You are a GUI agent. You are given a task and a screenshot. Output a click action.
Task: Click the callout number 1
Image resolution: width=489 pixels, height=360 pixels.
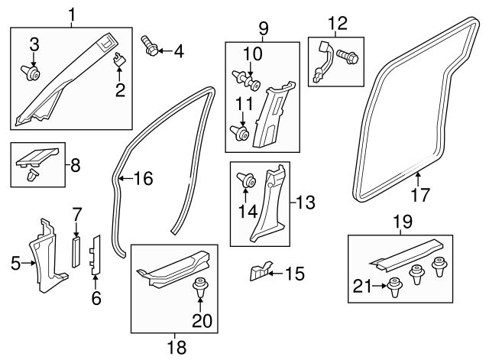click(x=72, y=15)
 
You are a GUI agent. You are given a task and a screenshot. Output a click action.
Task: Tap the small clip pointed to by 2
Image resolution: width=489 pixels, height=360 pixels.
click(x=118, y=59)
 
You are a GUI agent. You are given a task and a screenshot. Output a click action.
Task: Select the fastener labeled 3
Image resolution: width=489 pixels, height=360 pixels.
click(x=31, y=73)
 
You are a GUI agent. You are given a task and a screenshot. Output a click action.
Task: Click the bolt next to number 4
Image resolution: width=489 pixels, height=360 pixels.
click(x=150, y=47)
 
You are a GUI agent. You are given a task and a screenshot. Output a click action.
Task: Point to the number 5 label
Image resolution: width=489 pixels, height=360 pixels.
click(x=15, y=263)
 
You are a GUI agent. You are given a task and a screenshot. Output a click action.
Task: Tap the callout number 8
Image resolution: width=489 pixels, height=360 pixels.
click(x=76, y=165)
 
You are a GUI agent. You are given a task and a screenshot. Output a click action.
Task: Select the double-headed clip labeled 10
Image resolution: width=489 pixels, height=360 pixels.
click(x=246, y=80)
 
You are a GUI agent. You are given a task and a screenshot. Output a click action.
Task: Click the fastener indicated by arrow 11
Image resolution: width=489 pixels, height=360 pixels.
click(x=239, y=133)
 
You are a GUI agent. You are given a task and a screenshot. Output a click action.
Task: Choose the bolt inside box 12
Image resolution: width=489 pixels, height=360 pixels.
click(x=348, y=57)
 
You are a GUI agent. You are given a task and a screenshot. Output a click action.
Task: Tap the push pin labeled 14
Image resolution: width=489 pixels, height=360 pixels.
click(x=248, y=180)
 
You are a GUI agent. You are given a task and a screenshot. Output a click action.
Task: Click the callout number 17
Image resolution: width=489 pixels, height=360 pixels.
click(x=420, y=195)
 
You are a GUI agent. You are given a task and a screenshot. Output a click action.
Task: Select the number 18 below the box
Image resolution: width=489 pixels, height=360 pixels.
click(x=176, y=347)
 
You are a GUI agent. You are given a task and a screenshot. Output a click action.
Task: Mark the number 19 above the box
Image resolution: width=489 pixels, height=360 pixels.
click(x=403, y=222)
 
